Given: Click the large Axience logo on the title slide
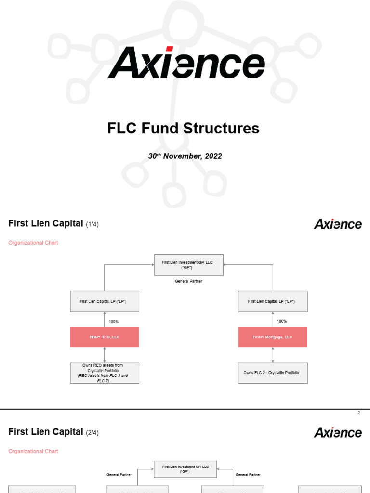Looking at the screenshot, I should pos(186,63).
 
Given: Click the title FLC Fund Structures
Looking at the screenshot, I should pos(183,129).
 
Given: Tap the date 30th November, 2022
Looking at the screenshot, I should pos(185,156).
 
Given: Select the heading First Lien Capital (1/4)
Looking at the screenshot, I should pos(54,224).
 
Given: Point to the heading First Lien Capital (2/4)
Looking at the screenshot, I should pos(54,432).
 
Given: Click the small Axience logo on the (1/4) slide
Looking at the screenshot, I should pos(338,224).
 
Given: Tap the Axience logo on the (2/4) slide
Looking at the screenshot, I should pos(338,432).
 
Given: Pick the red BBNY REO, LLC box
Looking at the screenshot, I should pos(105,337).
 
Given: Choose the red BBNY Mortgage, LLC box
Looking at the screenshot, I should pos(273,337).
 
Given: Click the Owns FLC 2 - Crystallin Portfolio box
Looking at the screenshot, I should pos(273,373).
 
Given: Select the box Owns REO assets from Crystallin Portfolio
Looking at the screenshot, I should pos(105,373).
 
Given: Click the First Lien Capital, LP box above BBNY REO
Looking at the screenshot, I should pos(105,301).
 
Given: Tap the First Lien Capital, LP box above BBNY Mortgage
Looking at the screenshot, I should pos(273,301).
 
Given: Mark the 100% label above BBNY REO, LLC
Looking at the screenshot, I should pos(114,321).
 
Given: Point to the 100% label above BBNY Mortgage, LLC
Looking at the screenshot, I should pos(282,321).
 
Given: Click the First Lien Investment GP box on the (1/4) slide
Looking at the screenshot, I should pos(189,265).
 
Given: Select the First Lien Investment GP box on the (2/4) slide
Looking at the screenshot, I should pos(185,469).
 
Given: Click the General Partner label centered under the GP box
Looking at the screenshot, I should pos(189,281).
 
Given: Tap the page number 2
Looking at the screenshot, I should pos(359,413).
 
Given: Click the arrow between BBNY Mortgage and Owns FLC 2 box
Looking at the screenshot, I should pos(273,354).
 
